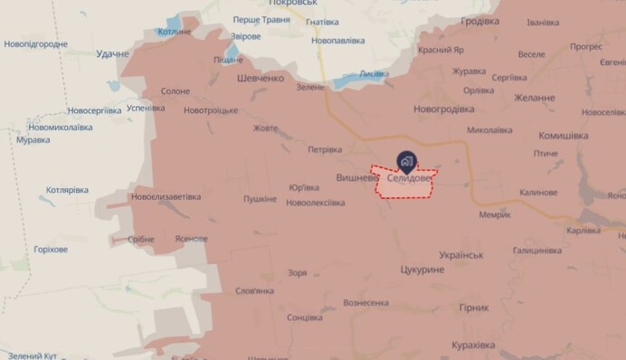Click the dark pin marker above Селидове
(406, 162)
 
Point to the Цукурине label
(421, 270)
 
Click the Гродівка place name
(479, 21)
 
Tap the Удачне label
(112, 54)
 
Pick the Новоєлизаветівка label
(166, 196)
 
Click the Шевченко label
(260, 78)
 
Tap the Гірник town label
(473, 308)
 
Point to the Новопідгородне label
(36, 43)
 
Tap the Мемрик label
(495, 214)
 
